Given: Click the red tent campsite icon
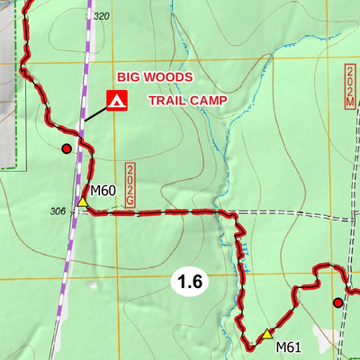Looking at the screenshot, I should pos(116,101).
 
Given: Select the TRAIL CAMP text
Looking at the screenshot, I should pos(186,101).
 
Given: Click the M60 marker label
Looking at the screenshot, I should pos(103,191).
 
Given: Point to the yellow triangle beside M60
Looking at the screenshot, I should pos(83,202).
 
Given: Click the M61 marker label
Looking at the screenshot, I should pos(288,347).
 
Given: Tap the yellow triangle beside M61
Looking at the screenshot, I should pos(266,334).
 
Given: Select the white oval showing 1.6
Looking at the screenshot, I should pos(190,283).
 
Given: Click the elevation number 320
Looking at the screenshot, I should pos(101,17).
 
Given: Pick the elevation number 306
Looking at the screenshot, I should pos(58,211).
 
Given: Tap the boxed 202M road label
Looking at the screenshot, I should pos(349,85).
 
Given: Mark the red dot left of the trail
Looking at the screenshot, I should pos(66,148).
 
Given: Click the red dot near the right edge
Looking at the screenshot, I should pos(338,302).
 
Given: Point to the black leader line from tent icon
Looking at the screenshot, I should pos(95,113).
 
